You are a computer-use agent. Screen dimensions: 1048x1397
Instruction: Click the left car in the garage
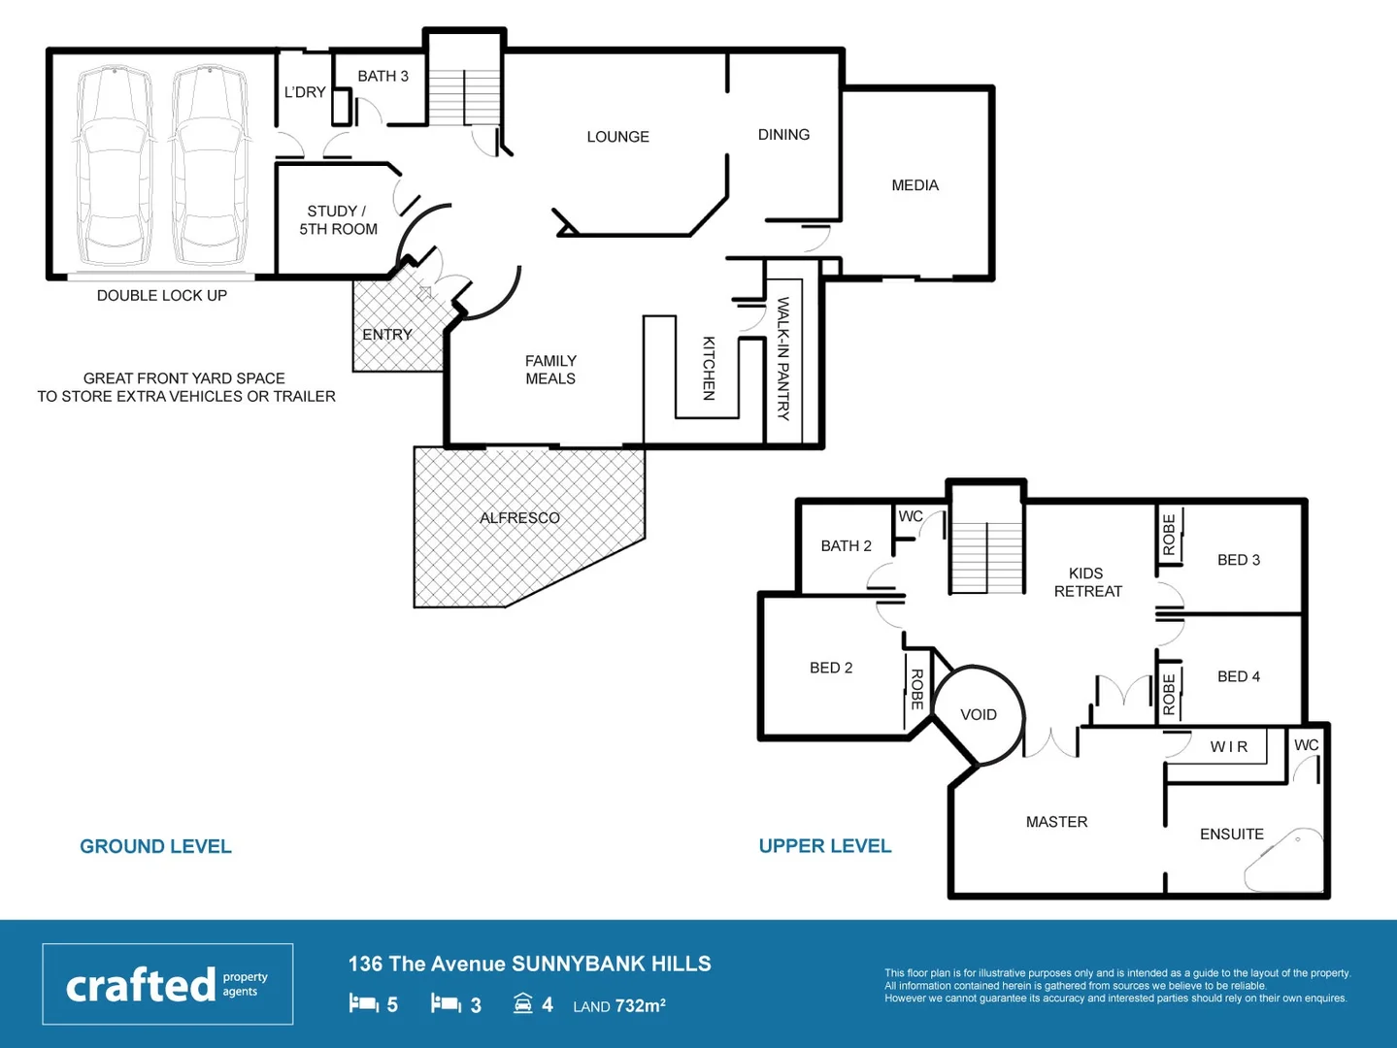click(115, 165)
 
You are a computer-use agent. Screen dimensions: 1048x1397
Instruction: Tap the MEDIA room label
click(915, 185)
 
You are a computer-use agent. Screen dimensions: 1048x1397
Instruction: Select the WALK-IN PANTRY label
click(783, 358)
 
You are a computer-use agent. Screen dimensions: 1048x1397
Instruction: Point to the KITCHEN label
click(709, 368)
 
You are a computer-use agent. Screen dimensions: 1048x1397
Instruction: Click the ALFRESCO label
click(519, 518)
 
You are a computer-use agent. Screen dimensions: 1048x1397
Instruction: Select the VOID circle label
click(978, 715)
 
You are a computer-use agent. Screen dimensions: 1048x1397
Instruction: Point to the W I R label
click(1228, 746)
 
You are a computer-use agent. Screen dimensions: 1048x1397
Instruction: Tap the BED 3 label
click(1238, 560)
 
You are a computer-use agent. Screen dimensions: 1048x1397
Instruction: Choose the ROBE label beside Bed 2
click(916, 689)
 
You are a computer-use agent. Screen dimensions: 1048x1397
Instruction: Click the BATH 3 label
click(383, 76)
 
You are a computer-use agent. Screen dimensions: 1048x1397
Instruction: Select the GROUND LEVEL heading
click(155, 846)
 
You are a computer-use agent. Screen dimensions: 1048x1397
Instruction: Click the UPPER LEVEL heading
click(824, 846)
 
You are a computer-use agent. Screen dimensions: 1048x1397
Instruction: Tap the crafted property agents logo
click(167, 984)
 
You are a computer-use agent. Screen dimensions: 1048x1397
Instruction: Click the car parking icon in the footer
click(523, 1003)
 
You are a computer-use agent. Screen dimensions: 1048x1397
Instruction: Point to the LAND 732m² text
click(618, 1006)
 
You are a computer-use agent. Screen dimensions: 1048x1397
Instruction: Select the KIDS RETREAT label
click(1087, 582)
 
